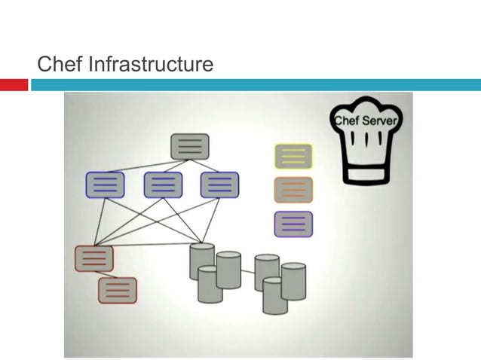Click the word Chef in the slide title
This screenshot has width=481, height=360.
click(x=60, y=66)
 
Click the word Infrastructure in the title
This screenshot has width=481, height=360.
click(x=151, y=66)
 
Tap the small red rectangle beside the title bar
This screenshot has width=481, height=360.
click(x=14, y=85)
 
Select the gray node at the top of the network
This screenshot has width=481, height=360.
click(x=190, y=146)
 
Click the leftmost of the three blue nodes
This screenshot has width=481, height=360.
click(x=105, y=185)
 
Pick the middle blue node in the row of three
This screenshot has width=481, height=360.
click(x=163, y=185)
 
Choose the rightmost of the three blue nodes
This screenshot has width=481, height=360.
click(x=219, y=185)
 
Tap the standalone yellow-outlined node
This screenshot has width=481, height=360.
click(x=293, y=156)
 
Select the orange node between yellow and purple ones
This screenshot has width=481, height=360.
click(x=293, y=190)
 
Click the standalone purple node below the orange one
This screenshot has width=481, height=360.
click(x=293, y=224)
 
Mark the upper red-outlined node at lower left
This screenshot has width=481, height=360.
click(x=93, y=258)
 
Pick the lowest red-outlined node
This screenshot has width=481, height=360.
click(x=118, y=290)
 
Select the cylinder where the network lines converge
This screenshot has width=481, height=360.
click(x=202, y=256)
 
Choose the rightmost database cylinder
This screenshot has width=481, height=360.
click(x=293, y=280)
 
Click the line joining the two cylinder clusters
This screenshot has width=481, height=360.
click(x=247, y=272)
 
